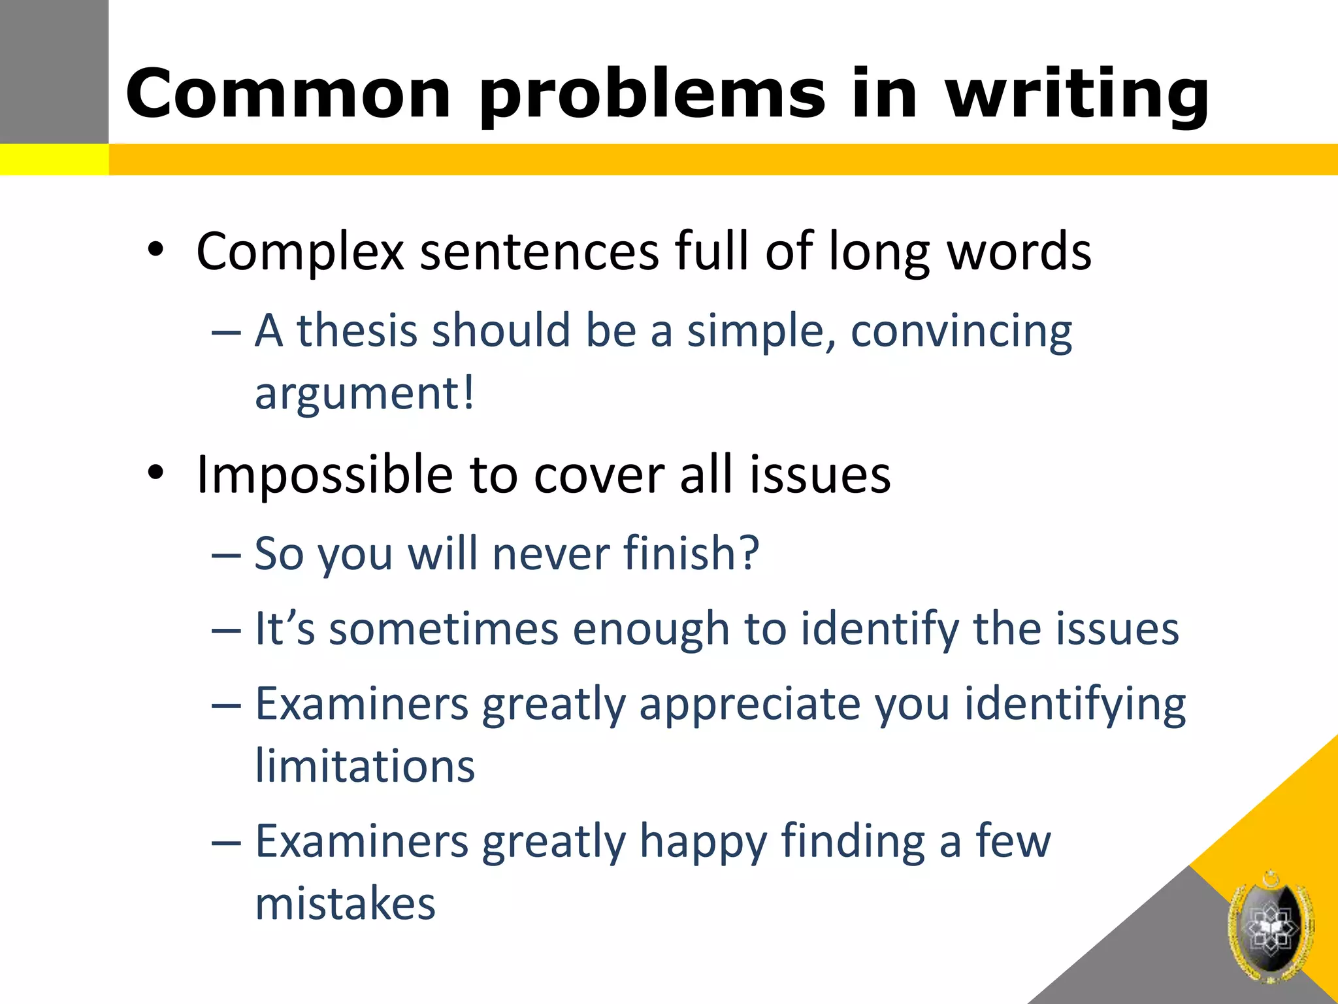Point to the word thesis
(x=357, y=330)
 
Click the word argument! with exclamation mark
(x=365, y=393)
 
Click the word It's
(x=285, y=628)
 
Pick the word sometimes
(x=444, y=629)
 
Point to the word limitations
(x=365, y=765)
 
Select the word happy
(x=703, y=842)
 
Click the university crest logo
(x=1270, y=927)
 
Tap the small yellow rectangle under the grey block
(x=54, y=159)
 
